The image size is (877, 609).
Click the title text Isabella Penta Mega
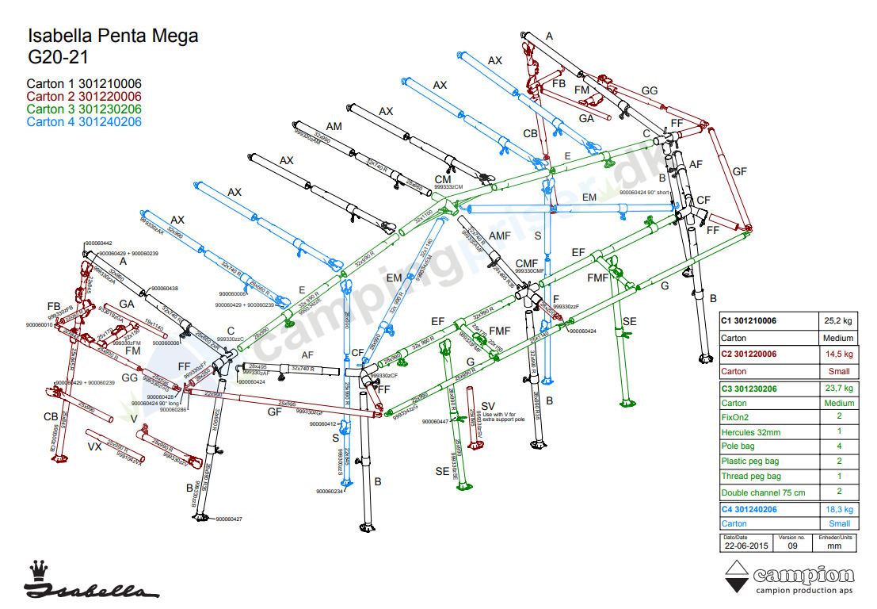[x=113, y=36]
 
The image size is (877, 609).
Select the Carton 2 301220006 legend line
[x=84, y=96]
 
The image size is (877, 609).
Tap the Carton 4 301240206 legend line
[x=84, y=121]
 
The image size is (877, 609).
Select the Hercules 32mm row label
[x=750, y=432]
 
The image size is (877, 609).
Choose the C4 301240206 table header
[x=749, y=509]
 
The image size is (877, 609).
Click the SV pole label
[x=487, y=406]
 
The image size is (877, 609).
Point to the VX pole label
[x=94, y=446]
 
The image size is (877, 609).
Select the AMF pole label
[x=499, y=236]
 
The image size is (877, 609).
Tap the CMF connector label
[x=527, y=262]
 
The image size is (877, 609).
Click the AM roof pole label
[x=334, y=127]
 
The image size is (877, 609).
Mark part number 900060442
[x=97, y=243]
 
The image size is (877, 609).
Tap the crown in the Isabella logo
[x=37, y=569]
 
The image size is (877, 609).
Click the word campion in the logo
[x=803, y=574]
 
